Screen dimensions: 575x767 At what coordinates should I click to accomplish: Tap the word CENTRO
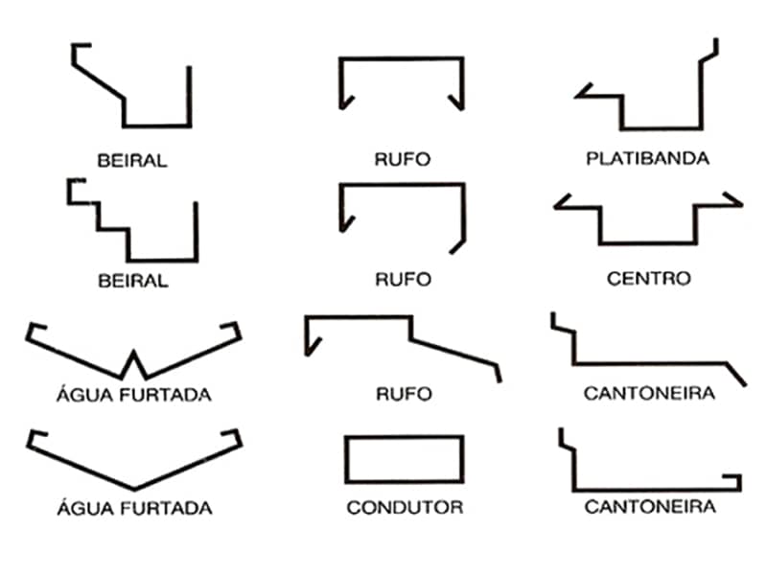(648, 280)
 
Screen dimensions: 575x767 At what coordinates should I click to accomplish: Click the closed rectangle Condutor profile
(405, 459)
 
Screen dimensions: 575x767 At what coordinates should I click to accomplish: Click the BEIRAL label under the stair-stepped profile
(132, 282)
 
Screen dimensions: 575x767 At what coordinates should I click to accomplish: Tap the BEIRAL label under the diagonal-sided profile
(132, 160)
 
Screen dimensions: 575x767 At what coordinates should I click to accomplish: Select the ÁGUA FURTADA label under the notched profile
(133, 394)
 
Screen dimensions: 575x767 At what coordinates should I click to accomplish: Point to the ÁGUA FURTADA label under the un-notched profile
(133, 508)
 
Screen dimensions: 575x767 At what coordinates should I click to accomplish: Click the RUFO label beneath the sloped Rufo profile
(403, 394)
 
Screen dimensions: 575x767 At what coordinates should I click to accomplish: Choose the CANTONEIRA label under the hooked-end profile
(649, 507)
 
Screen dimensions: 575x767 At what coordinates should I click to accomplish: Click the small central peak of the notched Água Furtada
(134, 356)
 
